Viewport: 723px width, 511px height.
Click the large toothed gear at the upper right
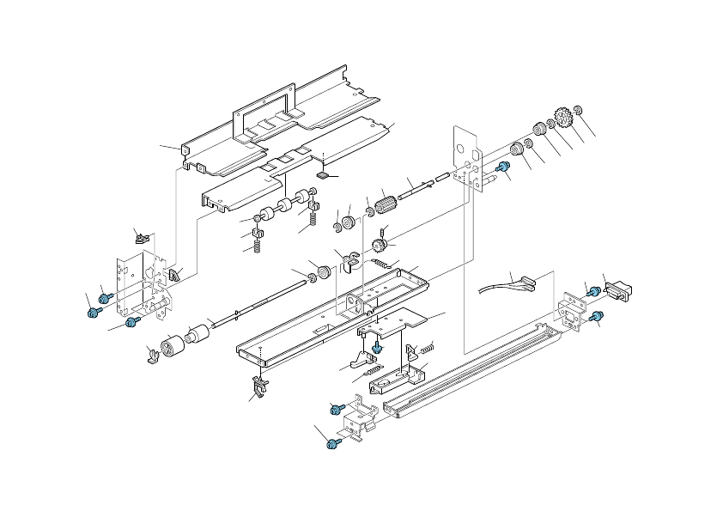tap(564, 116)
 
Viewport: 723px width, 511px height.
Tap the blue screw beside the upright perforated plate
tap(504, 167)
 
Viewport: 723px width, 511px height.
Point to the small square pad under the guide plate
tap(323, 173)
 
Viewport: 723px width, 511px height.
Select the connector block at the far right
tap(616, 290)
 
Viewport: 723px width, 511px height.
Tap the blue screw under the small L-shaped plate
tap(376, 346)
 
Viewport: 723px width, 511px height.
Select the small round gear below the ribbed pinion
tap(378, 246)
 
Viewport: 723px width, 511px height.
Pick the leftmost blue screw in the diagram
tap(93, 313)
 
